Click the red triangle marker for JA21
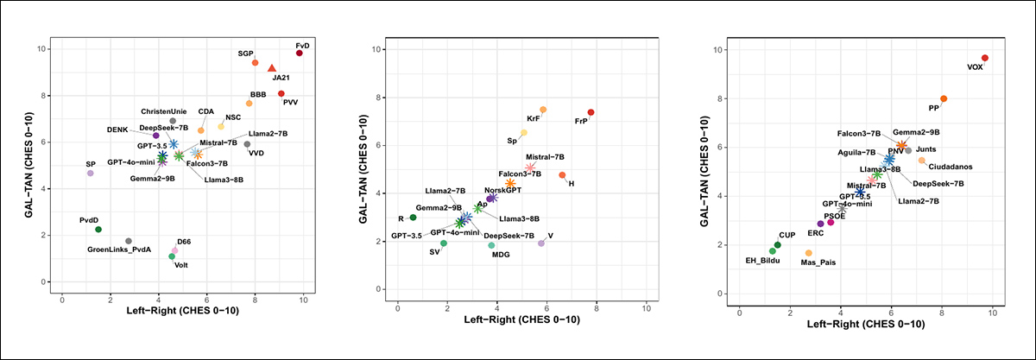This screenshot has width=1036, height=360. pyautogui.click(x=272, y=68)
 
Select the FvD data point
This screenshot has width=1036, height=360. pyautogui.click(x=299, y=53)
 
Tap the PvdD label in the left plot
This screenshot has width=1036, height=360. pyautogui.click(x=91, y=220)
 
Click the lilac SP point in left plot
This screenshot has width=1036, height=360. pyautogui.click(x=90, y=174)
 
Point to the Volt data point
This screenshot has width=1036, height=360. pyautogui.click(x=172, y=256)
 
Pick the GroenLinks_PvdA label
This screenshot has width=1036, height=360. pyautogui.click(x=119, y=249)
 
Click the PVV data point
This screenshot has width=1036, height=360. pyautogui.click(x=281, y=93)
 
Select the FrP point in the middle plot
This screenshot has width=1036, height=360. pyautogui.click(x=591, y=112)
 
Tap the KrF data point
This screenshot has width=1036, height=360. pyautogui.click(x=543, y=110)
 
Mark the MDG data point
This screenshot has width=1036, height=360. pyautogui.click(x=491, y=245)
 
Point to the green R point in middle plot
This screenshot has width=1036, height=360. pyautogui.click(x=413, y=218)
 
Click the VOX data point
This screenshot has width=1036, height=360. pyautogui.click(x=985, y=58)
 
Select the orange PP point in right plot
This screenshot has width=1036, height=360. pyautogui.click(x=944, y=99)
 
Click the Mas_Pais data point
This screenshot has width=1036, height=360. pyautogui.click(x=808, y=253)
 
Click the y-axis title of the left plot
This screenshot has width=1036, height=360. pyautogui.click(x=32, y=163)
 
